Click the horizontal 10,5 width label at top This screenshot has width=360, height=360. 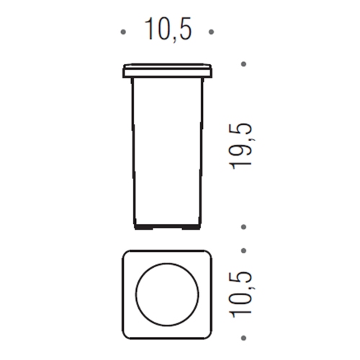tap(168, 30)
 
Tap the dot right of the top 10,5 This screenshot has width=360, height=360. tap(211, 32)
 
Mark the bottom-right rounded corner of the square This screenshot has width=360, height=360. tap(209, 331)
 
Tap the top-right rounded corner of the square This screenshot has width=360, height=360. tap(209, 257)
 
